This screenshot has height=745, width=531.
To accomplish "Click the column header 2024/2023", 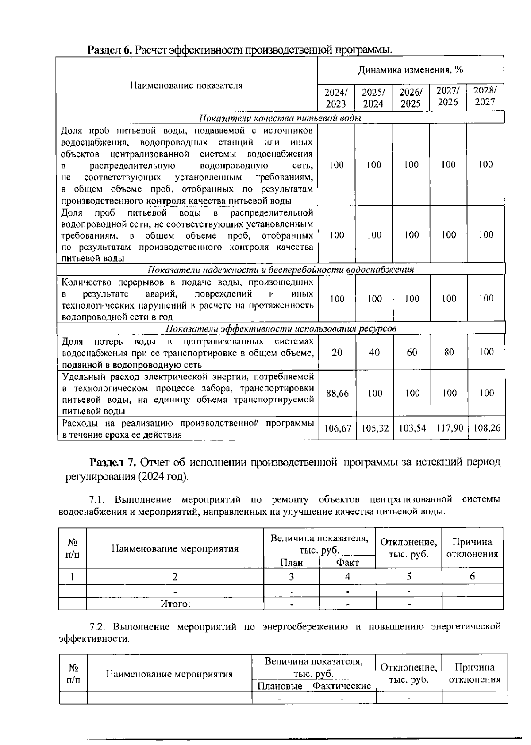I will [x=336, y=98].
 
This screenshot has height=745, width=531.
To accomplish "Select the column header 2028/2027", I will [x=485, y=96].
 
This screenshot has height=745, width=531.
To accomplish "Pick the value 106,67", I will [x=337, y=428].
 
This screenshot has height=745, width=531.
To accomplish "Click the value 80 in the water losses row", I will [x=449, y=352].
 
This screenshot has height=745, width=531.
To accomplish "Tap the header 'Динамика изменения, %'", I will [x=410, y=70].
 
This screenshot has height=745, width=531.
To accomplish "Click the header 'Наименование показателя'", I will [x=186, y=85].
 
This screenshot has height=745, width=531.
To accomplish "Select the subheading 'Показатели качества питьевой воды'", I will [x=280, y=118].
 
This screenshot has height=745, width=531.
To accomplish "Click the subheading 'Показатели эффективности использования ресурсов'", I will [x=281, y=328].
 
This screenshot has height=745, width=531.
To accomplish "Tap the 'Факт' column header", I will [x=347, y=563].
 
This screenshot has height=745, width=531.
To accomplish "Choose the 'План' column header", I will [x=292, y=563].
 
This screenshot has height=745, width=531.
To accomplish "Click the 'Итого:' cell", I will [x=175, y=604].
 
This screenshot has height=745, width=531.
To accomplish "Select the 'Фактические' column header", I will [x=341, y=686].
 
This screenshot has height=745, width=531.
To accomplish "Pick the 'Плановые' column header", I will [x=280, y=686].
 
